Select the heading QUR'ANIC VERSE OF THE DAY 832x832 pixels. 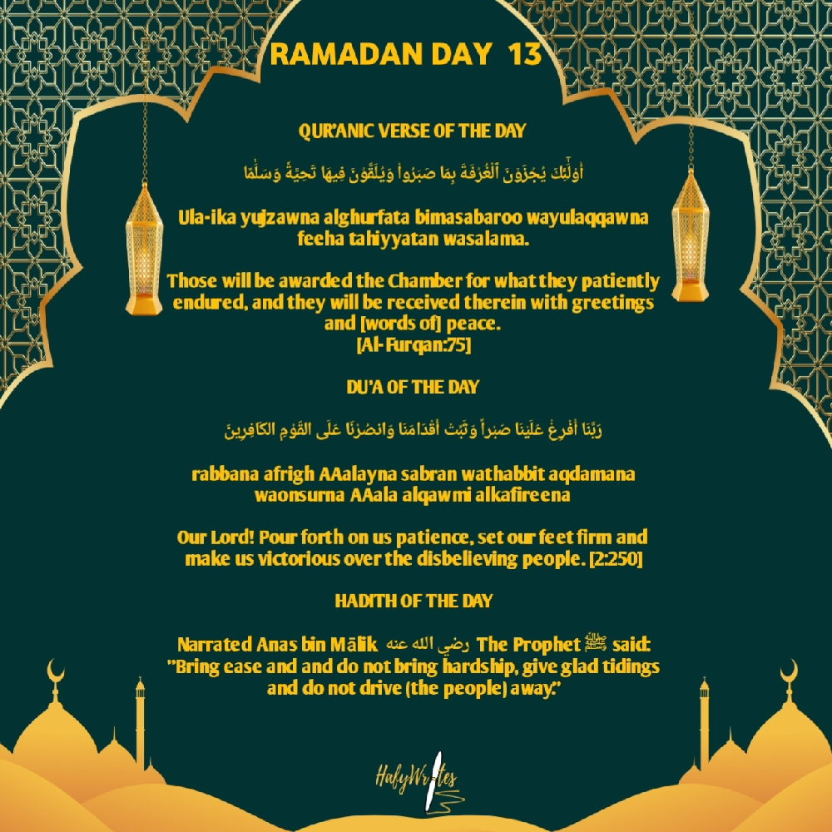point(412,131)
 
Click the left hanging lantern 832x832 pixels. point(144,249)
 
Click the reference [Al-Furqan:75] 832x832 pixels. point(413,344)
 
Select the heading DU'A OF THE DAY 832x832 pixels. point(412,387)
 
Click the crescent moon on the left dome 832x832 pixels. point(56,671)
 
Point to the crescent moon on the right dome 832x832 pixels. point(788,671)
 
